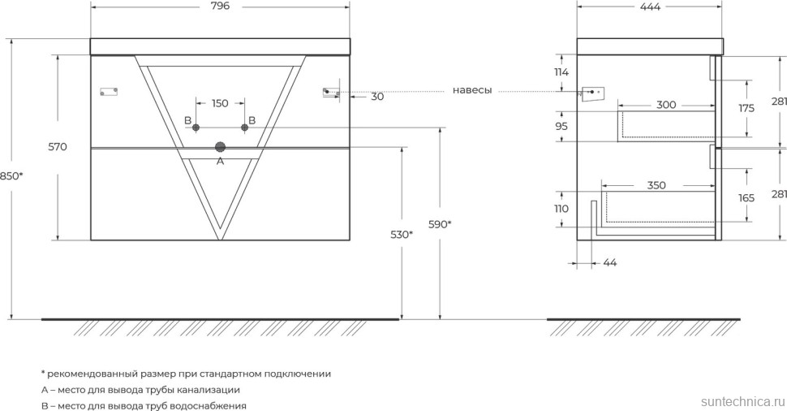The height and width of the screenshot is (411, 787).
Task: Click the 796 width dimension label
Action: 220,6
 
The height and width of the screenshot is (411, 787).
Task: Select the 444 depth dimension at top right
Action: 649,6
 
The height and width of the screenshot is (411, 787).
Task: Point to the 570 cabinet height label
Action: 57,147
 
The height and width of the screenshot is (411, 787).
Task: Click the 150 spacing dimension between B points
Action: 220,103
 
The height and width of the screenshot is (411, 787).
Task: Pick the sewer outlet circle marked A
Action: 219,147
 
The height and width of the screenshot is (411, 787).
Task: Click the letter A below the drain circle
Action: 219,162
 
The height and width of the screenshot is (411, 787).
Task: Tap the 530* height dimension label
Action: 401,235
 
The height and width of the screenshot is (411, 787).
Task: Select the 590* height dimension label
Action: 438,224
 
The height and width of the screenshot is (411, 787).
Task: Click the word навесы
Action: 472,90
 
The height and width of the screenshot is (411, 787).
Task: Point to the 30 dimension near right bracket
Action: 377,97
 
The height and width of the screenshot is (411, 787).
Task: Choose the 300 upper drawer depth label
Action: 666,105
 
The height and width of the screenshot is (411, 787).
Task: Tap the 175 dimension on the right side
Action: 746,108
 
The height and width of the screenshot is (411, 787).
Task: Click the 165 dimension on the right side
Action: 746,197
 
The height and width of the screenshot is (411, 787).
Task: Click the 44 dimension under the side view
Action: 610,262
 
